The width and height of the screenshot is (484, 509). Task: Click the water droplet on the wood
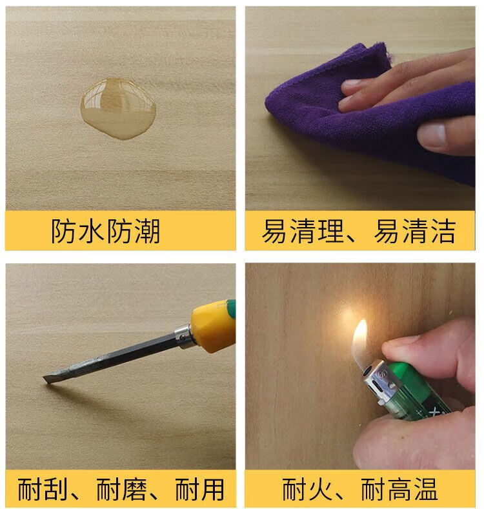pos(118,109)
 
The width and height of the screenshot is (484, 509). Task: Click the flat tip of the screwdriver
pos(48,379)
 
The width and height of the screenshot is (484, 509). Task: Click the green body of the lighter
pos(419,394)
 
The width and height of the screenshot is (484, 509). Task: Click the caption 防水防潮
pos(106,231)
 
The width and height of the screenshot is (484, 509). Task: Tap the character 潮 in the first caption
pos(147,231)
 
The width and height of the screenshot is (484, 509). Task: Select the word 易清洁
pos(415,231)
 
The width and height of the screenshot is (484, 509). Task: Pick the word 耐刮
pos(42,490)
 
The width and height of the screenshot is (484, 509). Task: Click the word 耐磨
pos(121,490)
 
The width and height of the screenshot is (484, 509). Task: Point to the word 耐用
pos(200,490)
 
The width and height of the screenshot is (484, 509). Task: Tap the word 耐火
pos(307,490)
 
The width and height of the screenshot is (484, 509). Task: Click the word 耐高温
pos(399,490)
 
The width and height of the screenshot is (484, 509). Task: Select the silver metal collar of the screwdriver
pos(185,337)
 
